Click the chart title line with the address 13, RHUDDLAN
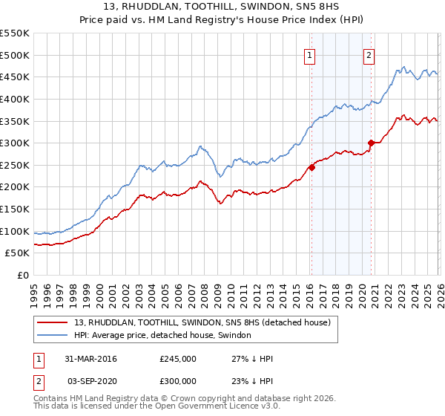222,7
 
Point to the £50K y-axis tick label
17,253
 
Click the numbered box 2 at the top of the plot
369,53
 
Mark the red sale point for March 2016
311,167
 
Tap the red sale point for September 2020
370,143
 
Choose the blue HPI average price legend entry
162,335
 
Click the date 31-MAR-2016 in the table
90,359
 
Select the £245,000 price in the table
178,359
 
